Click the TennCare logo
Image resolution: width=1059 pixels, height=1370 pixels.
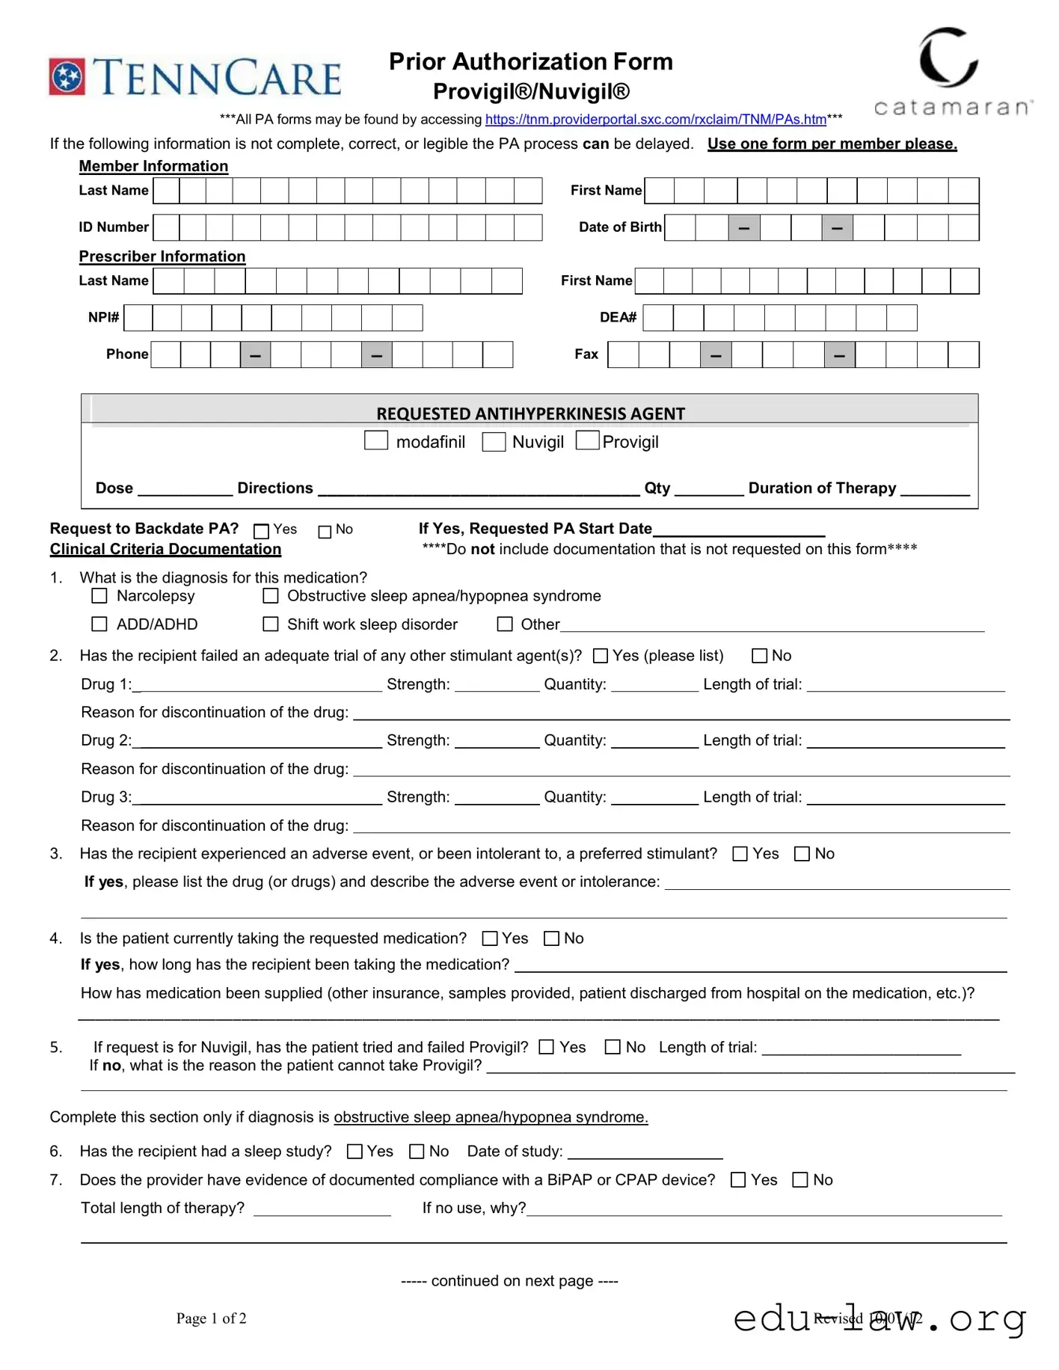click(x=195, y=77)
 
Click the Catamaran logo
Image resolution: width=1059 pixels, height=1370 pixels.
click(x=952, y=71)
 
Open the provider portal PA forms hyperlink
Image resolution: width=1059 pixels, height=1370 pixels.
click(x=655, y=120)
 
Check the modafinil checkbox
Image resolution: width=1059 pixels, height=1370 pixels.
click(x=375, y=440)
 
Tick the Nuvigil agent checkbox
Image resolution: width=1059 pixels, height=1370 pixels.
click(x=494, y=442)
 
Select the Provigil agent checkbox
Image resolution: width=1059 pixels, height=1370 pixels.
click(x=588, y=440)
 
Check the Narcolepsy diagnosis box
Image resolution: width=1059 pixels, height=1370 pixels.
click(x=99, y=596)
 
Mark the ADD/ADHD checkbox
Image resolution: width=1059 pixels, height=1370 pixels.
click(x=99, y=624)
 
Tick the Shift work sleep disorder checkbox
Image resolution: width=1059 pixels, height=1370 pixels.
click(x=271, y=624)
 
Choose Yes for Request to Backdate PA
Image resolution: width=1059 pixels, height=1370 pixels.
click(x=261, y=531)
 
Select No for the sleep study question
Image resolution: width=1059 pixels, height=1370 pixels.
click(x=417, y=1152)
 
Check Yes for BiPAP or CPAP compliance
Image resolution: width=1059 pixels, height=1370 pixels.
click(x=738, y=1180)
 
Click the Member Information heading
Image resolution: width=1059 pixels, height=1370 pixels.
click(x=153, y=166)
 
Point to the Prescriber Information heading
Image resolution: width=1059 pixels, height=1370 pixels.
click(x=162, y=257)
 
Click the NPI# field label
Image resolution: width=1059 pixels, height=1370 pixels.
click(x=103, y=317)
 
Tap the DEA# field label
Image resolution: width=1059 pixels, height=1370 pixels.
click(x=618, y=317)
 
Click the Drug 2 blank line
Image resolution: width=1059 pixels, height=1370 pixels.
click(x=257, y=742)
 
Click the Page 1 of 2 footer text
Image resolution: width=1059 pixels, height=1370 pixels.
click(x=211, y=1318)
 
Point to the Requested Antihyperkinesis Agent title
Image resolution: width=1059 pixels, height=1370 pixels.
click(x=530, y=414)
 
